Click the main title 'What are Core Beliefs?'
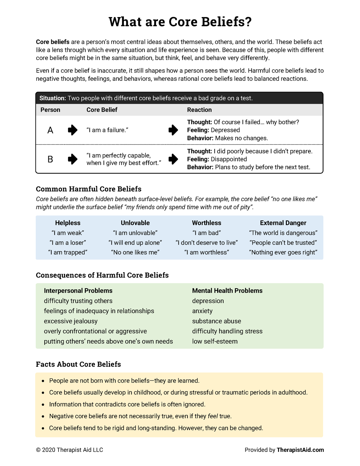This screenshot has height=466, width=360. [x=180, y=22]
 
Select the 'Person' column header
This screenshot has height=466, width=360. [x=50, y=110]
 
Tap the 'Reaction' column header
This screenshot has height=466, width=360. [x=199, y=110]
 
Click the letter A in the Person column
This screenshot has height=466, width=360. [x=50, y=130]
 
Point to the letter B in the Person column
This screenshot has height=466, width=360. [x=50, y=159]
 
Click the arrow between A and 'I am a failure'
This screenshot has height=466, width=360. [x=73, y=130]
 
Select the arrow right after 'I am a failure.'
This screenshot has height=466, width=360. [x=173, y=130]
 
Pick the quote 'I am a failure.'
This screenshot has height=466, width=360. [x=107, y=130]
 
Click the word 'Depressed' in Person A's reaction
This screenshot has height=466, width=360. [x=225, y=130]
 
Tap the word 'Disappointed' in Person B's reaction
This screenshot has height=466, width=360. [x=229, y=159]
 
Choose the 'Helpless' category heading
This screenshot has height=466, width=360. [x=68, y=223]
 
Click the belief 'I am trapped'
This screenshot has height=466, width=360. [x=68, y=252]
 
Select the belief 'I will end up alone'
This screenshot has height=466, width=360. [x=135, y=242]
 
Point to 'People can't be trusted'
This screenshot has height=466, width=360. [x=283, y=242]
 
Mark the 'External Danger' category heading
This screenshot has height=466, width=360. [x=283, y=223]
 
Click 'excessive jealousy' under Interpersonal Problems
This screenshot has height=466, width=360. [x=71, y=321]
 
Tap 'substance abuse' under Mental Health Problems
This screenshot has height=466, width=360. [x=216, y=321]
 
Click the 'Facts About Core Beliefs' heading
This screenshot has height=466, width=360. [x=78, y=364]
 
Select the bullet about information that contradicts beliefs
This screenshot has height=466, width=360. [x=127, y=404]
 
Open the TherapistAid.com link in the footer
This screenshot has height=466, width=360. [x=300, y=450]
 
